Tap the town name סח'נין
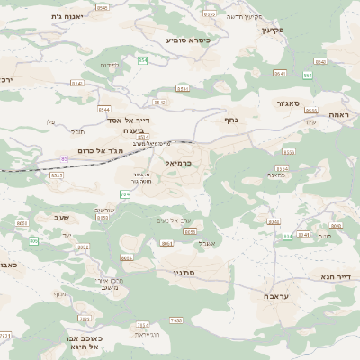[x=175, y=271]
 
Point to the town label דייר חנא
[x=335, y=276]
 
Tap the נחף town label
[x=230, y=118]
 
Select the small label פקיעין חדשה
[x=244, y=16]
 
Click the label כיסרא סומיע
[x=188, y=40]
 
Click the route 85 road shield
[x=65, y=158]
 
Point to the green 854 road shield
[x=142, y=60]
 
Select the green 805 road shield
[x=287, y=237]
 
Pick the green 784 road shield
[x=125, y=193]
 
